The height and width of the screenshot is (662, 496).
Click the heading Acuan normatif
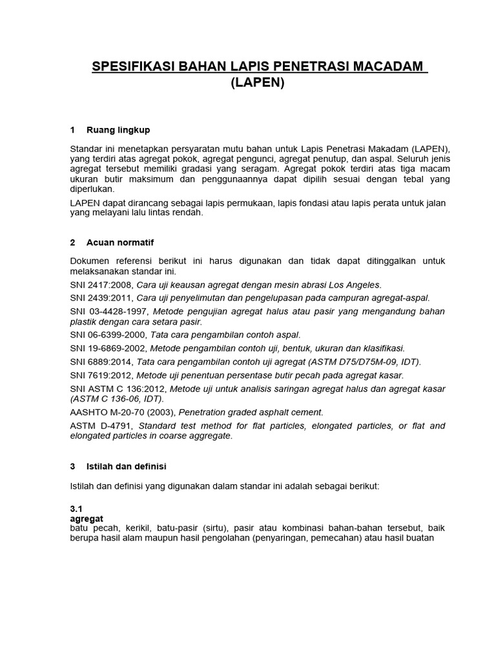(120, 242)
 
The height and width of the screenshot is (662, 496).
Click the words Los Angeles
(356, 285)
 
